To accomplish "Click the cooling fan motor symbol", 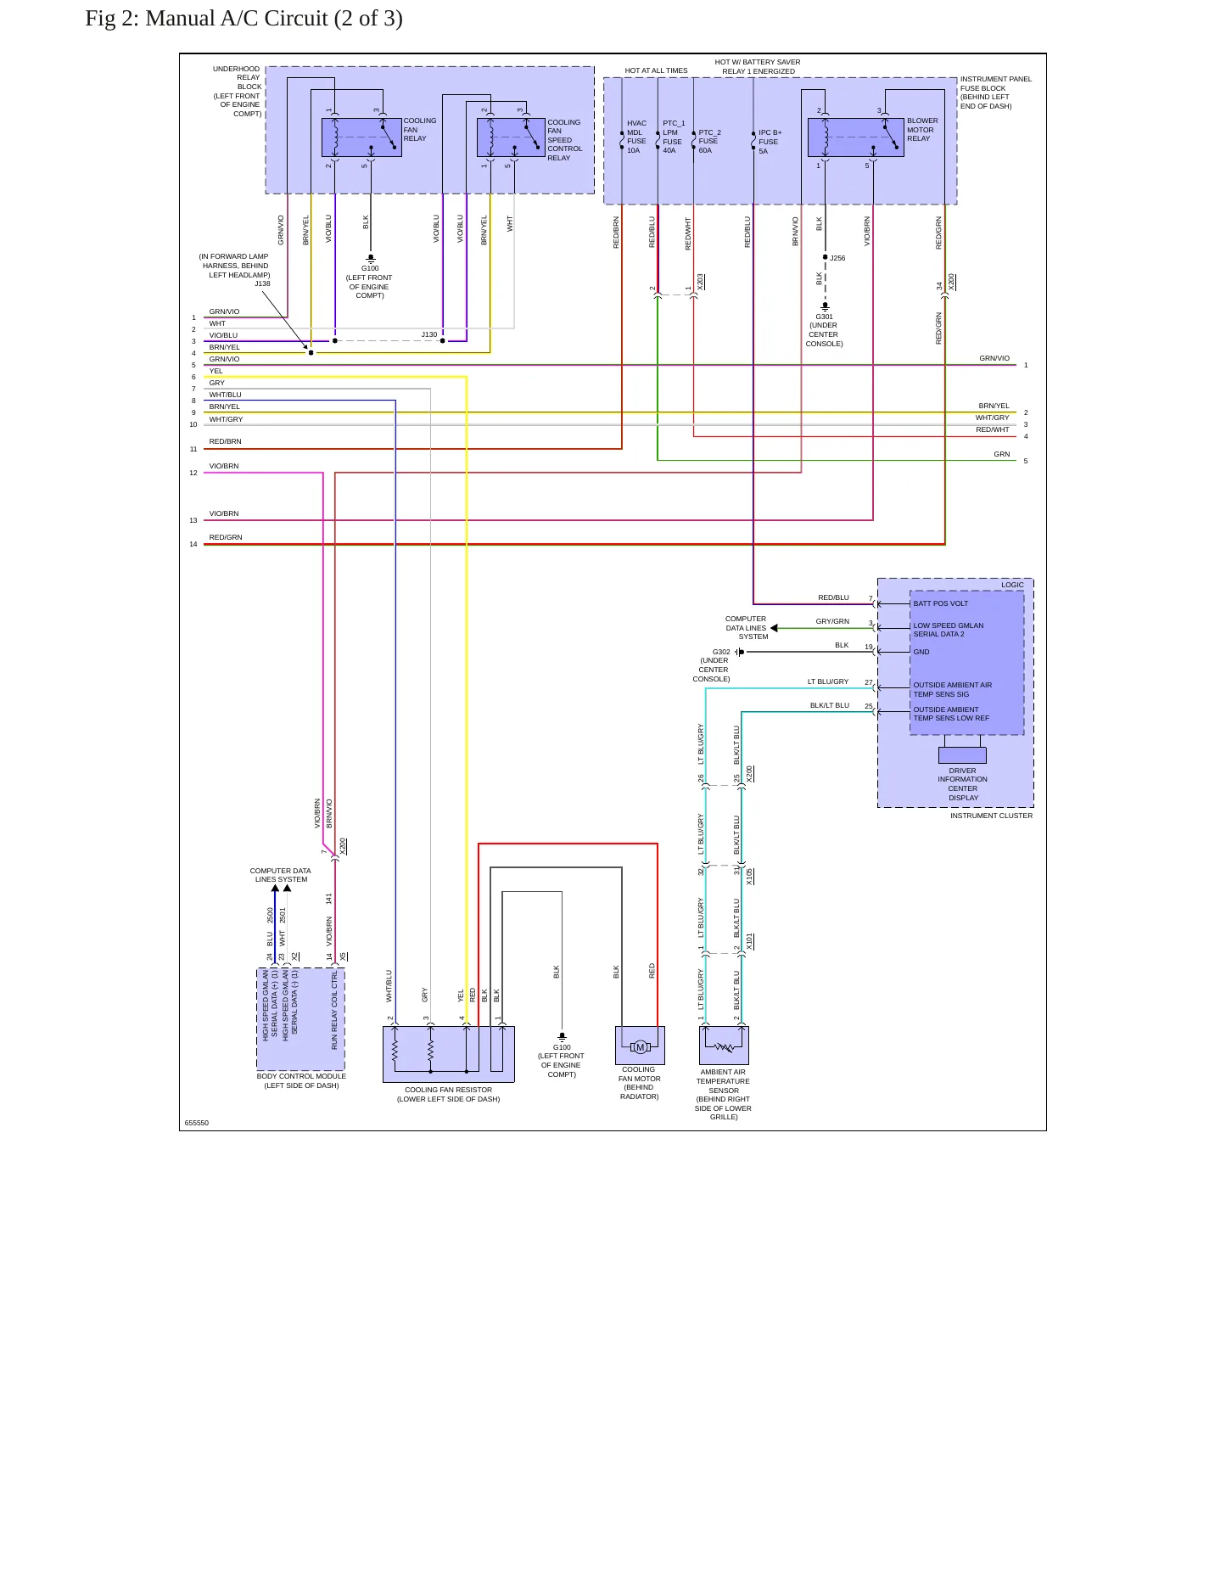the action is pos(640,1046).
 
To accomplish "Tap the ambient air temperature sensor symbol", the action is pos(724,1046).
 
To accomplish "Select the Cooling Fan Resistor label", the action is pos(448,1095).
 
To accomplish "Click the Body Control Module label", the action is pos(301,1080).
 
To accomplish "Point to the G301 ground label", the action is pos(824,330).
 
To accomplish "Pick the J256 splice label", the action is pos(837,258).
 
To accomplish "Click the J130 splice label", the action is pos(429,334).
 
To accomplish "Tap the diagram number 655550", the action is pos(197,1123).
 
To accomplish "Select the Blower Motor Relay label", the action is pos(922,130).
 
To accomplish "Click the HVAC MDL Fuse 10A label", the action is pos(636,137).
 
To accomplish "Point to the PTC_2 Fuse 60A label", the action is pos(709,142).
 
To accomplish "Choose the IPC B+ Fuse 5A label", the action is pos(770,142).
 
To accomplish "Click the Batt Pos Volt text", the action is pos(940,603).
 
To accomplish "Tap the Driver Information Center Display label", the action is pos(963,784).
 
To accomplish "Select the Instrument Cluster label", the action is pos(991,816).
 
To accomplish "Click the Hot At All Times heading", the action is pos(656,70).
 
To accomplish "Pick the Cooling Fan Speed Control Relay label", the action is pos(564,140).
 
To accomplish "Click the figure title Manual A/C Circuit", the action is pos(244,18).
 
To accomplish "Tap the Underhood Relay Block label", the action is pos(237,92).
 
